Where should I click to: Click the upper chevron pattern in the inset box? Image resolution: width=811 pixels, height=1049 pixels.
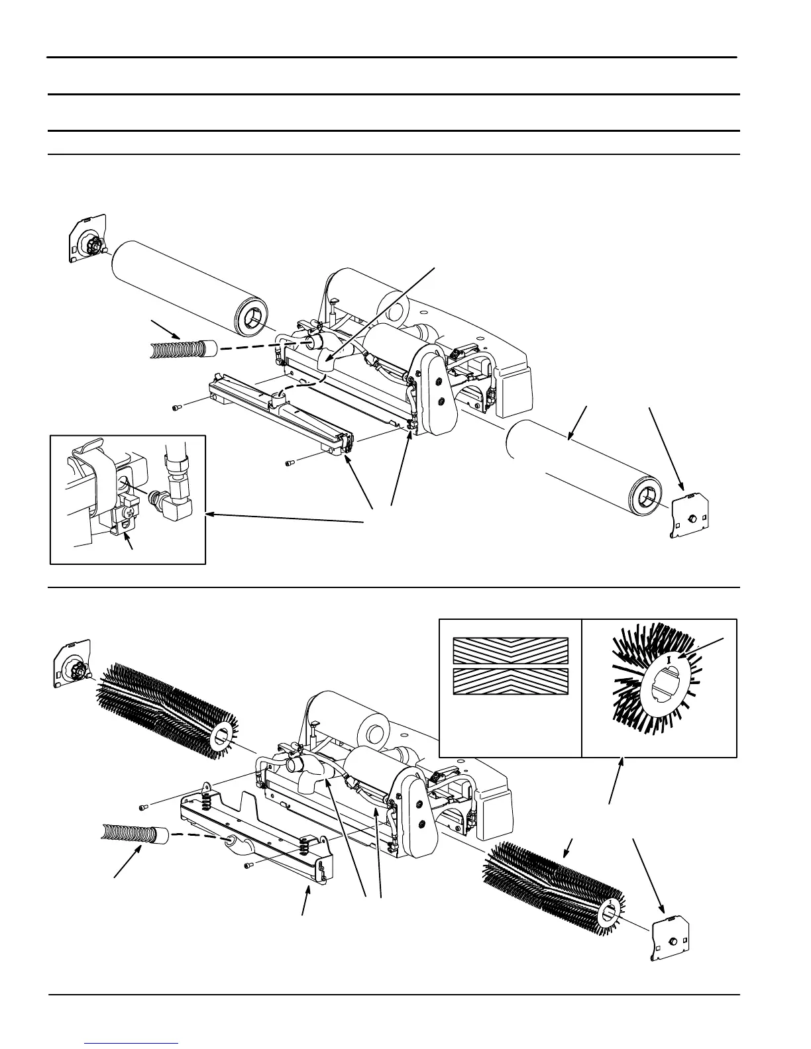[510, 650]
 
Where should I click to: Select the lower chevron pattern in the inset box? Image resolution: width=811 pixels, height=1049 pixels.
[510, 681]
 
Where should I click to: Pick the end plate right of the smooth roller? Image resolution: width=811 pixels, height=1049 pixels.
[690, 517]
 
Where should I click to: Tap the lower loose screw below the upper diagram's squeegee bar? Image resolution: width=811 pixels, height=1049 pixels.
[290, 463]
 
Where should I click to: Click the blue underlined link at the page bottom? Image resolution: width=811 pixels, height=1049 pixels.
[132, 1044]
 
